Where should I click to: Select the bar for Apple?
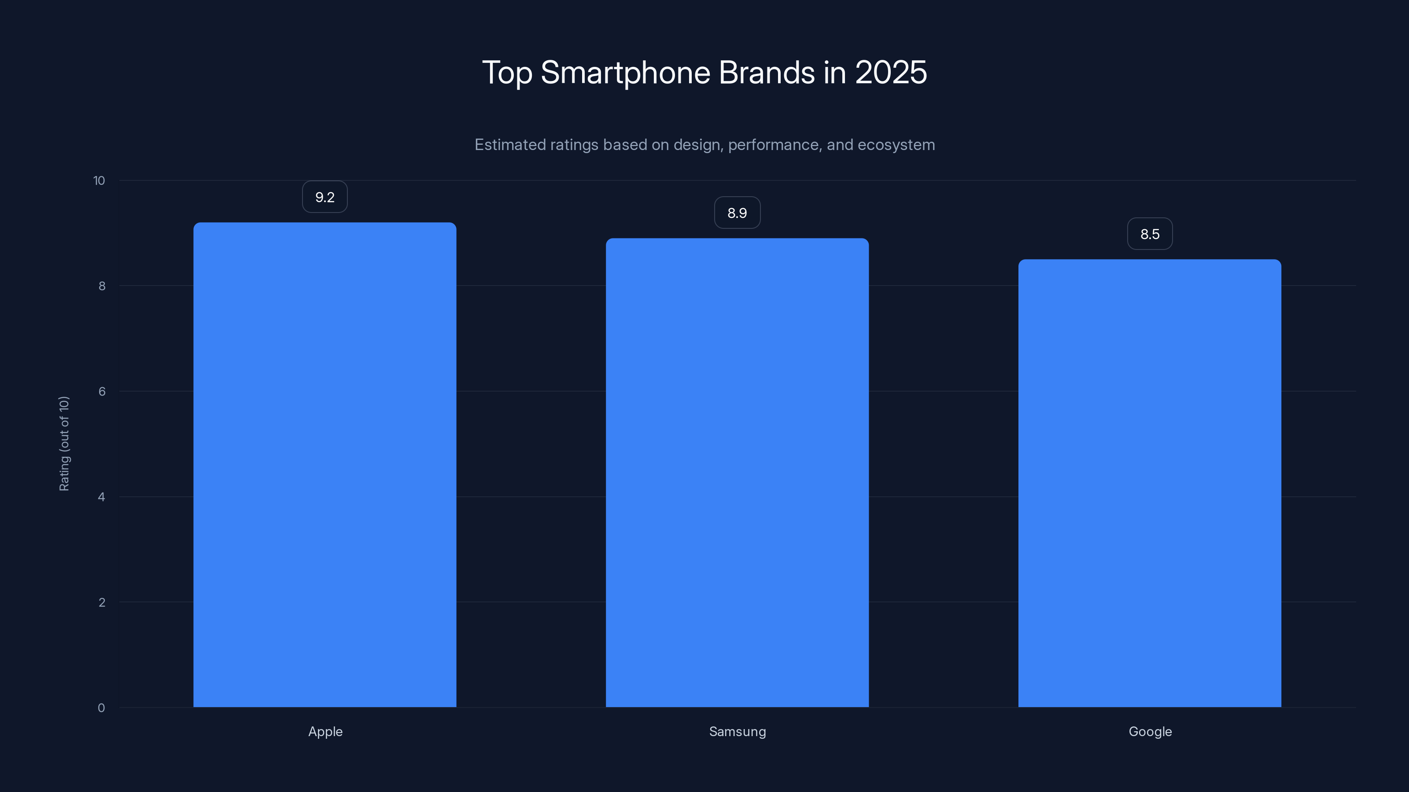point(325,465)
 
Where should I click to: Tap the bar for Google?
point(1149,483)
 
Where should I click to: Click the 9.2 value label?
point(325,197)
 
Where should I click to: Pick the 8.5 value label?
point(1149,234)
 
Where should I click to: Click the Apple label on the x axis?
point(325,731)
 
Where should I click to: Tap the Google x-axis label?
point(1150,731)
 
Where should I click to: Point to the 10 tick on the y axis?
point(99,180)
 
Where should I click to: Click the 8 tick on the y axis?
point(102,286)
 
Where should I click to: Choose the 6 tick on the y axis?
point(102,391)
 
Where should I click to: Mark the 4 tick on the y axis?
point(102,497)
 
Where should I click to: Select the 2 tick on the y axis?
point(102,602)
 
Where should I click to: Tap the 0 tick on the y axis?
point(101,708)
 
